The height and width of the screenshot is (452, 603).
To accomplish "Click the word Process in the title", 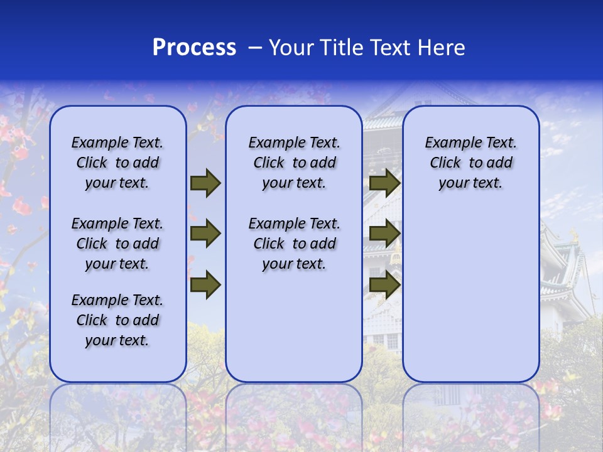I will (194, 48).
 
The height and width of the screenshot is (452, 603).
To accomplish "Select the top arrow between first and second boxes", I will (205, 183).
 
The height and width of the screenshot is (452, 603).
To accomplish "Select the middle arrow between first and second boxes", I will (205, 234).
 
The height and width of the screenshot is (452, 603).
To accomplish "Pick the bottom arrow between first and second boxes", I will (205, 284).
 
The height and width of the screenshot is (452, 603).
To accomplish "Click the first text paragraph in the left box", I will (117, 163).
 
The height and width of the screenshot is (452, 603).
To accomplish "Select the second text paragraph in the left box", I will (117, 244).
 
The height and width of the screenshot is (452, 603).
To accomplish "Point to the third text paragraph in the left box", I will (117, 320).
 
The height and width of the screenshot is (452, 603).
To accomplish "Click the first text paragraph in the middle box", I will (294, 163).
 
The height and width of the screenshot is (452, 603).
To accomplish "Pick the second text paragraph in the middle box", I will (294, 244).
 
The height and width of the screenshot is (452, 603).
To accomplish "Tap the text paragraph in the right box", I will (470, 163).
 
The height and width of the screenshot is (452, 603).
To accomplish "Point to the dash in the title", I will (255, 48).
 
